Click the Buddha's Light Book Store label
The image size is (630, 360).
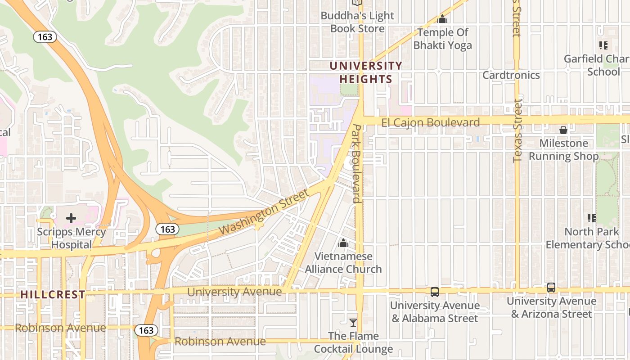click(357, 22)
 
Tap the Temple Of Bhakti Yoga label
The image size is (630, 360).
click(442, 39)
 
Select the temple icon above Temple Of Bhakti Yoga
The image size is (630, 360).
click(442, 19)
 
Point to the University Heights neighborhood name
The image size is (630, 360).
click(365, 72)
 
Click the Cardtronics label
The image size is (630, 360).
click(511, 75)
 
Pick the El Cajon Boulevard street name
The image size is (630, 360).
click(430, 122)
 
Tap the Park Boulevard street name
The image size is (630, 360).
click(356, 163)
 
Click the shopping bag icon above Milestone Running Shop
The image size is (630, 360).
click(563, 130)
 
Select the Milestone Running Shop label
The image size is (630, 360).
click(563, 150)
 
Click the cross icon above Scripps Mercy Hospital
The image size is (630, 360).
click(71, 219)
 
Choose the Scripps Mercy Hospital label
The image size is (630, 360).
click(71, 238)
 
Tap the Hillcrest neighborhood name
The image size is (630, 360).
click(53, 295)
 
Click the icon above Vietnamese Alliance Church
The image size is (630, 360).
click(343, 243)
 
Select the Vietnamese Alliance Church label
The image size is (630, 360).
click(343, 263)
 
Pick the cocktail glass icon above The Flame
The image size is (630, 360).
click(353, 323)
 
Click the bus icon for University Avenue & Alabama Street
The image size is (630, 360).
click(435, 292)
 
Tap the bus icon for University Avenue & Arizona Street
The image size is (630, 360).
click(551, 288)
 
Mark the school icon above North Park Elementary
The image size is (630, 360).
click(592, 218)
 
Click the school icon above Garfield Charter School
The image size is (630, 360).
click(603, 45)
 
